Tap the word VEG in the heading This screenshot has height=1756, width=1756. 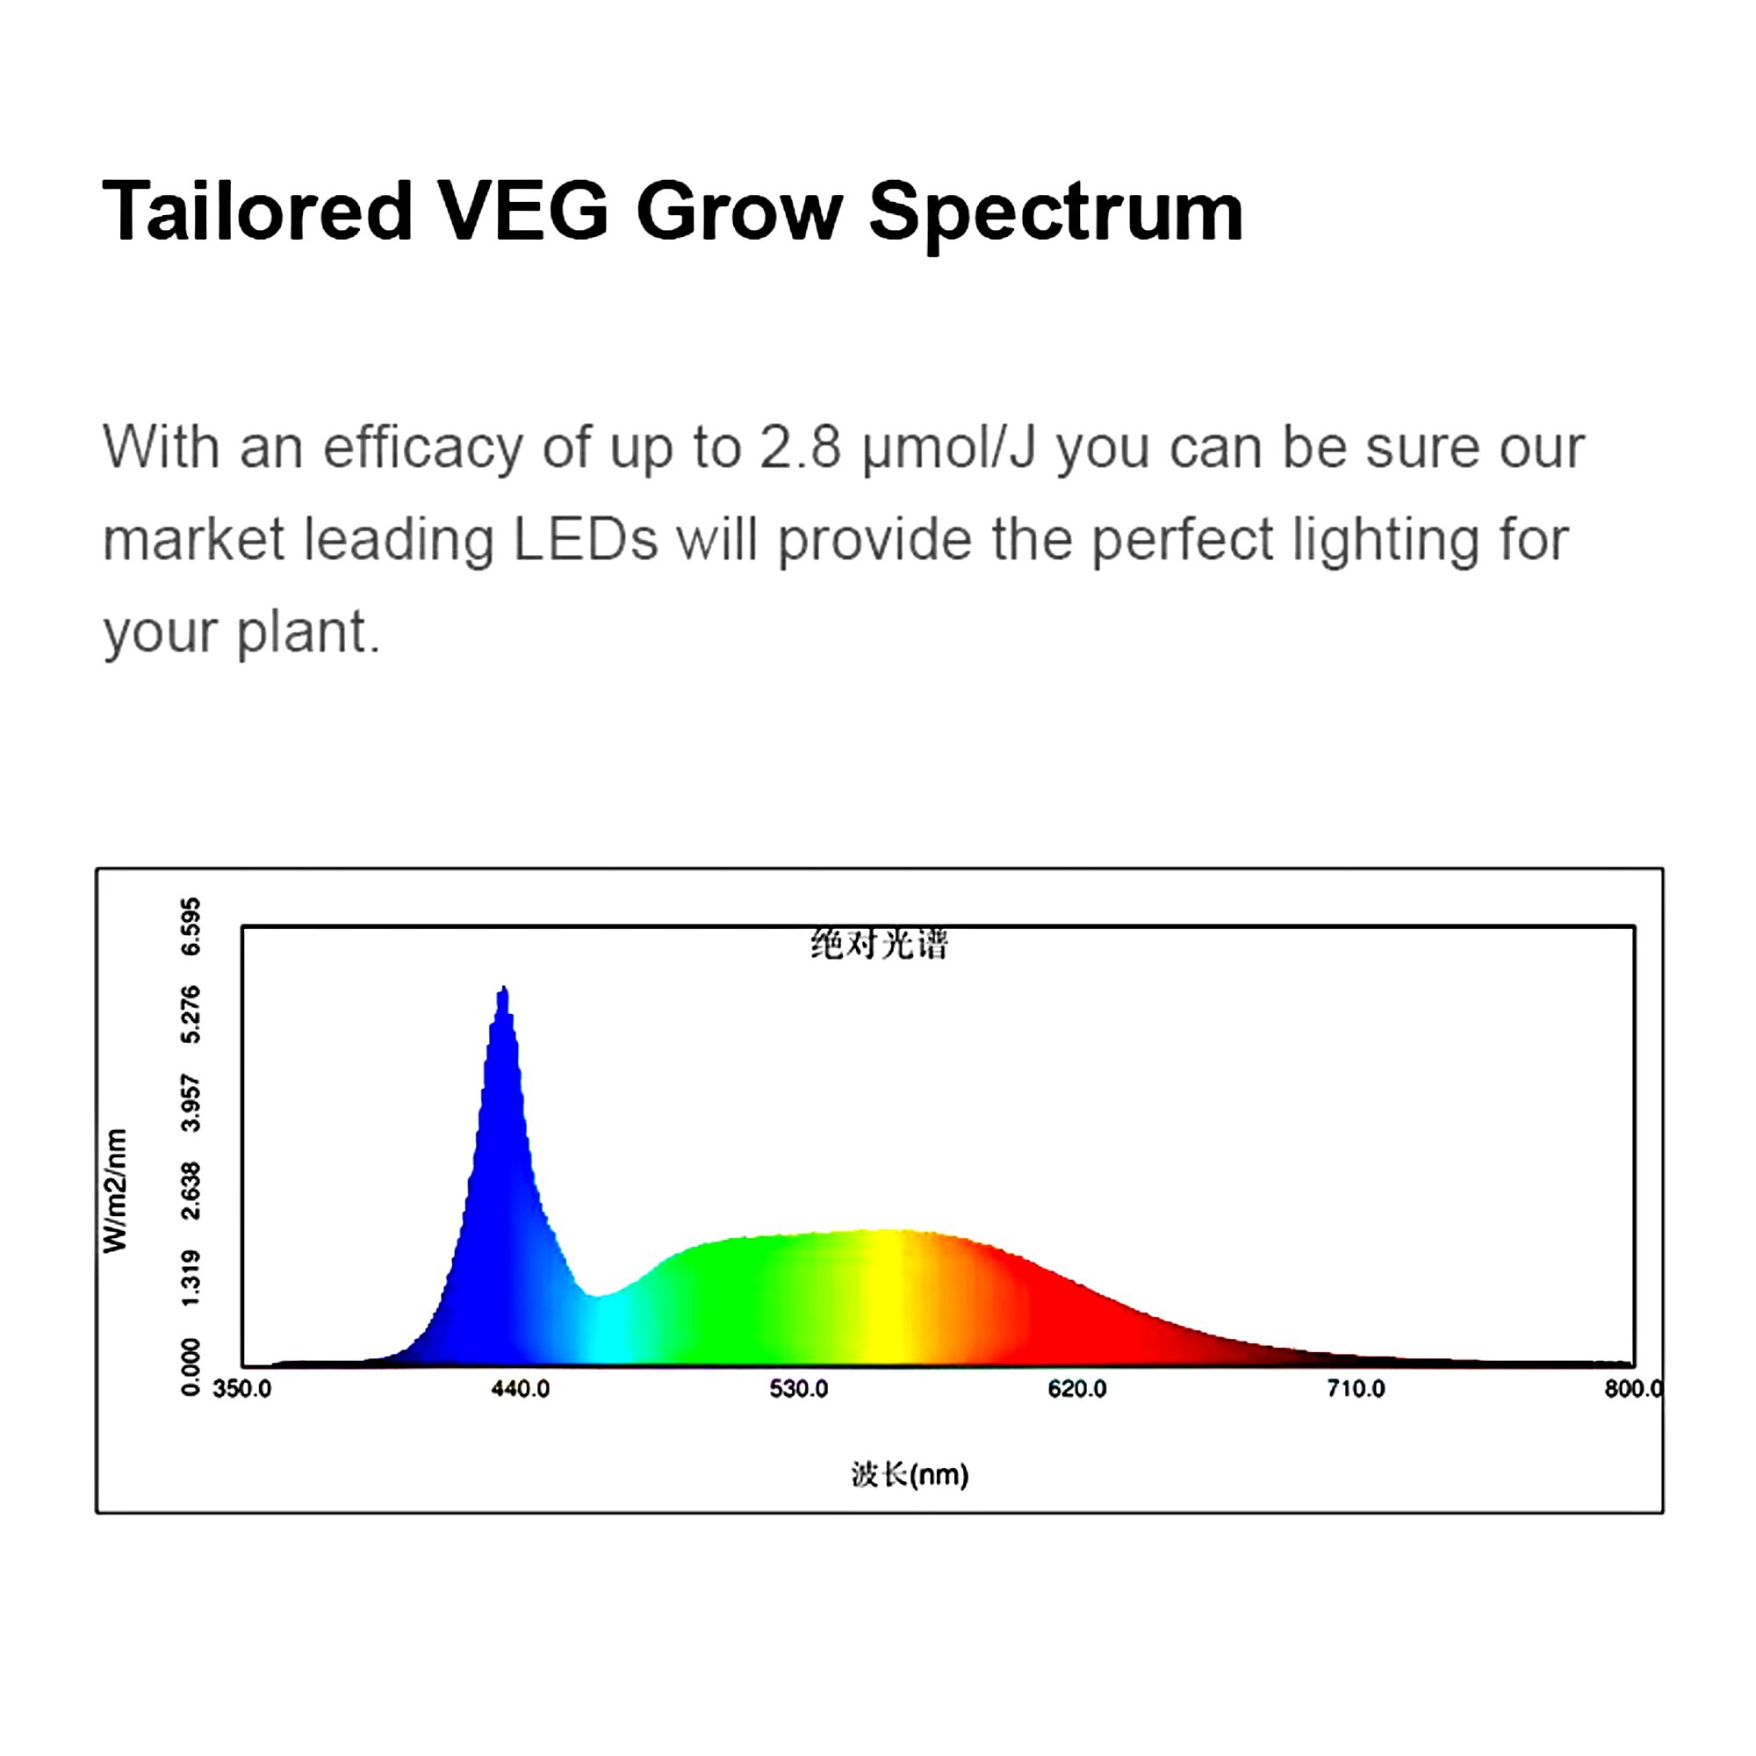[523, 211]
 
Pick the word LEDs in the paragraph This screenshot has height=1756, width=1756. [586, 539]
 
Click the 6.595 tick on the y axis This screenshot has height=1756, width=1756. [191, 926]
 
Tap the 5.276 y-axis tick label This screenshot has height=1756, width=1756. [191, 1014]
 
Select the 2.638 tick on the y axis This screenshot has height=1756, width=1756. [191, 1191]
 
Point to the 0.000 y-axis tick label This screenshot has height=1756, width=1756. [191, 1366]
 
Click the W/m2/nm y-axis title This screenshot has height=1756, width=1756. [115, 1191]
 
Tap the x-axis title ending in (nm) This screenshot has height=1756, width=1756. [910, 1474]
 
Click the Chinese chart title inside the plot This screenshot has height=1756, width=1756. [879, 946]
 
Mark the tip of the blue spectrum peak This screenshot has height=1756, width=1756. [503, 986]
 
